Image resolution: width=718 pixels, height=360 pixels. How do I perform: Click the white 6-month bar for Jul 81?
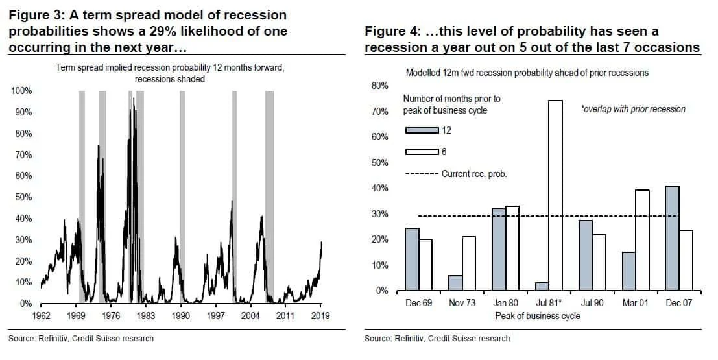[555, 195]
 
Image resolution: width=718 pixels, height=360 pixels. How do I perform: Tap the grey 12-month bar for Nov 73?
[456, 283]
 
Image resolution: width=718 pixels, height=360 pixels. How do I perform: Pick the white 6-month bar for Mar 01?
[642, 240]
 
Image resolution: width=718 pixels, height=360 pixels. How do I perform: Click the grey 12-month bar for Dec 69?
[413, 259]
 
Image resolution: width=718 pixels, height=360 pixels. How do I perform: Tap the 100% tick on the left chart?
[22, 91]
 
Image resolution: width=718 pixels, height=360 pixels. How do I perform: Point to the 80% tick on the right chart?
[379, 86]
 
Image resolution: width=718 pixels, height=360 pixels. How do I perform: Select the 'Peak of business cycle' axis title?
[537, 316]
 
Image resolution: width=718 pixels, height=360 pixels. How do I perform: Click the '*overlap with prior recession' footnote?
[633, 109]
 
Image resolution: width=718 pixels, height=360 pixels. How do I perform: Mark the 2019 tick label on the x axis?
[320, 316]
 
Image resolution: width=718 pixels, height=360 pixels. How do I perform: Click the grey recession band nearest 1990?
[182, 195]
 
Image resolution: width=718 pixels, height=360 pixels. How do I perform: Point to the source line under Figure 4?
[437, 339]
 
